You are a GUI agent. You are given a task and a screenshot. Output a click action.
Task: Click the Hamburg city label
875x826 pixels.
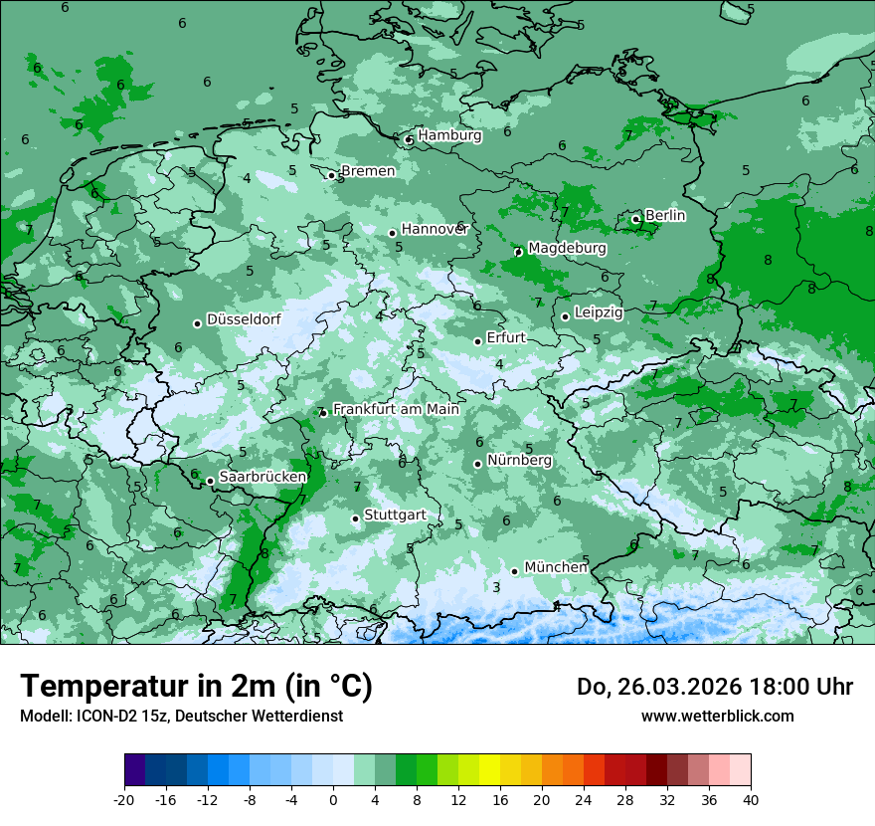[449, 135]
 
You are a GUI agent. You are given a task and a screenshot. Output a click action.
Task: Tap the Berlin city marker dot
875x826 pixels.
[636, 219]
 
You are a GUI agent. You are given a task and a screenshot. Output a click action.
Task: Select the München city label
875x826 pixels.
[556, 567]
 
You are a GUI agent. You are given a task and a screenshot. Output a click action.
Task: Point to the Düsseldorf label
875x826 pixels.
[244, 320]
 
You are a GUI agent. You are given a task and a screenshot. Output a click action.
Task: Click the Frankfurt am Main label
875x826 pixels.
[396, 409]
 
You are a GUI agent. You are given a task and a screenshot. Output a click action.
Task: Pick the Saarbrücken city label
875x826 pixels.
[262, 478]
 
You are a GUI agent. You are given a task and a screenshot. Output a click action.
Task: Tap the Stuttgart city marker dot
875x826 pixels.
[355, 518]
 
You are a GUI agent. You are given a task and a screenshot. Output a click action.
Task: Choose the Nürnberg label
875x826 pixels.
[519, 461]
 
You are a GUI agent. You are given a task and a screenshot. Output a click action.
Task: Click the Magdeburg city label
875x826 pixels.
[567, 248]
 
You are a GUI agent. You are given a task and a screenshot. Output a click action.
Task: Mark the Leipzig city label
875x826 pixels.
[599, 312]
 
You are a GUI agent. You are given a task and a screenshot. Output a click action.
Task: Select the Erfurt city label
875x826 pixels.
[506, 338]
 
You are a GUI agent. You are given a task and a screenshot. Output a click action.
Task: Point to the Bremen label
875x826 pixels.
[368, 171]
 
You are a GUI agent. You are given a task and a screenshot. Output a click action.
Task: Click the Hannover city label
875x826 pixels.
[435, 230]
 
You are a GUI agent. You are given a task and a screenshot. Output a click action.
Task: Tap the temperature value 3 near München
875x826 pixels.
[496, 587]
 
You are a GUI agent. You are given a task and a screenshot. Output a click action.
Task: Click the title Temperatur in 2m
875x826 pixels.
[196, 686]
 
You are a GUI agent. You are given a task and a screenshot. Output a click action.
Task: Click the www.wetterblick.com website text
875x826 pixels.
[717, 716]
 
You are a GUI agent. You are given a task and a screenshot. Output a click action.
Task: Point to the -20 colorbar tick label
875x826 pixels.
[124, 799]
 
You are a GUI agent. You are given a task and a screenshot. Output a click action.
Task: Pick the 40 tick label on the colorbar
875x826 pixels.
[751, 799]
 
